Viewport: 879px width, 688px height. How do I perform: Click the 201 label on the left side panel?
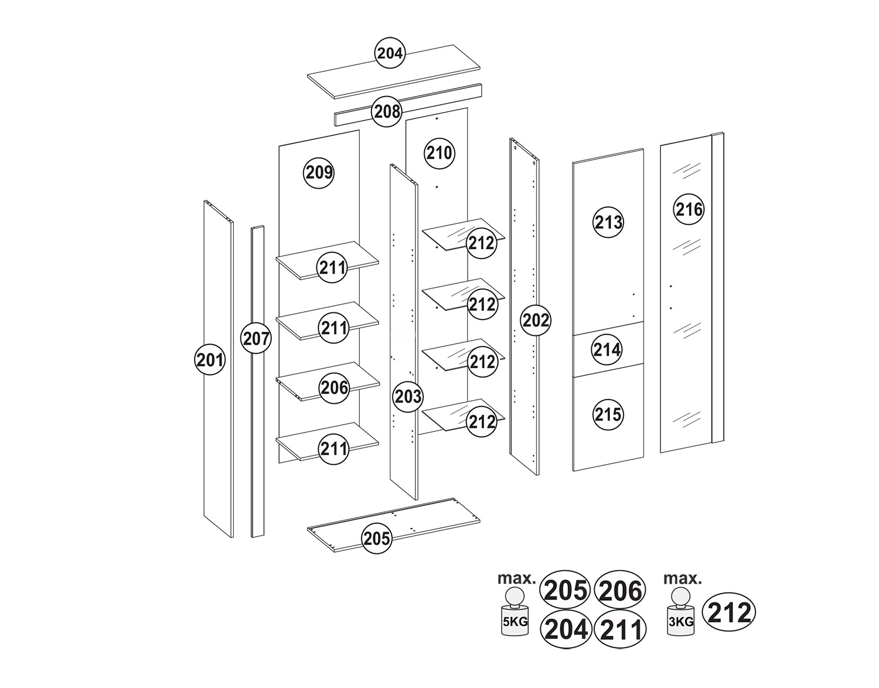(210, 360)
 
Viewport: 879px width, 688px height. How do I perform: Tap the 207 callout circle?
(256, 338)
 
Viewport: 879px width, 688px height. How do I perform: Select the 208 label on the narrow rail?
(387, 111)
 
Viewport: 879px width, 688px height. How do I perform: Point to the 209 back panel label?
(319, 173)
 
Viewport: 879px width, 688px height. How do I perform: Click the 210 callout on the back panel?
(439, 154)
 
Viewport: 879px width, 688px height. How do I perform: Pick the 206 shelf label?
(335, 388)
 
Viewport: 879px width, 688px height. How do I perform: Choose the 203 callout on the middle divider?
(408, 397)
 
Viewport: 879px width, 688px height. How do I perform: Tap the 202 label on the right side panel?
(536, 321)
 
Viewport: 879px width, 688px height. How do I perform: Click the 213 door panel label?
(608, 222)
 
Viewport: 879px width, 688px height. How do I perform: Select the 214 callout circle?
(607, 349)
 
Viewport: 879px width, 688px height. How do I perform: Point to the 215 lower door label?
(608, 414)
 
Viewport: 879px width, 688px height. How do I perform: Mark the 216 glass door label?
(689, 210)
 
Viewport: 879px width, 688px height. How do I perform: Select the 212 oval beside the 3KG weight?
(730, 613)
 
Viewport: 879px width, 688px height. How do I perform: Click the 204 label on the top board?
(390, 53)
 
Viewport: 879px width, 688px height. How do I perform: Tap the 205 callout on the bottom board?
(377, 539)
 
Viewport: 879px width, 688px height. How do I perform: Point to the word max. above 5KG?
(517, 578)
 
